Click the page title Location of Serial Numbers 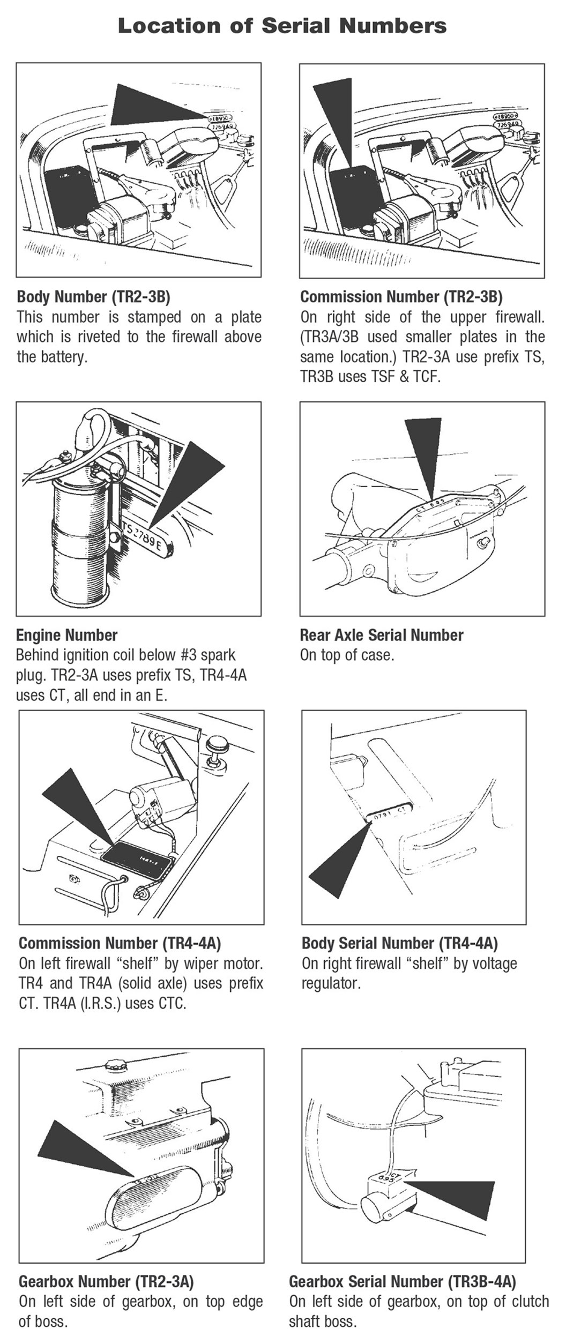282,26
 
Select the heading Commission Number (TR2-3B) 401,296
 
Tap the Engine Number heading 66,635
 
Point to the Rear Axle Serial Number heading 381,635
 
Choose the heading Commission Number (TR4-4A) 120,943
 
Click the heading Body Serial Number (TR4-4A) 399,943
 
